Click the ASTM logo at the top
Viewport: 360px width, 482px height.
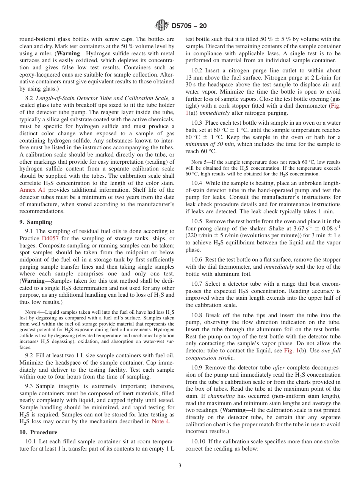[162, 26]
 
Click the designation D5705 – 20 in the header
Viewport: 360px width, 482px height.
[189, 26]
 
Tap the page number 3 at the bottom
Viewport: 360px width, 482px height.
[180, 466]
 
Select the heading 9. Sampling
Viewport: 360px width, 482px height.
[36, 222]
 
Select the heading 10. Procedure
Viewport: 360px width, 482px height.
[38, 432]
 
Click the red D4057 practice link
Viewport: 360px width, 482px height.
[50, 238]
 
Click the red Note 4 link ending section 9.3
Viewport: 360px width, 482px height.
[161, 421]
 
